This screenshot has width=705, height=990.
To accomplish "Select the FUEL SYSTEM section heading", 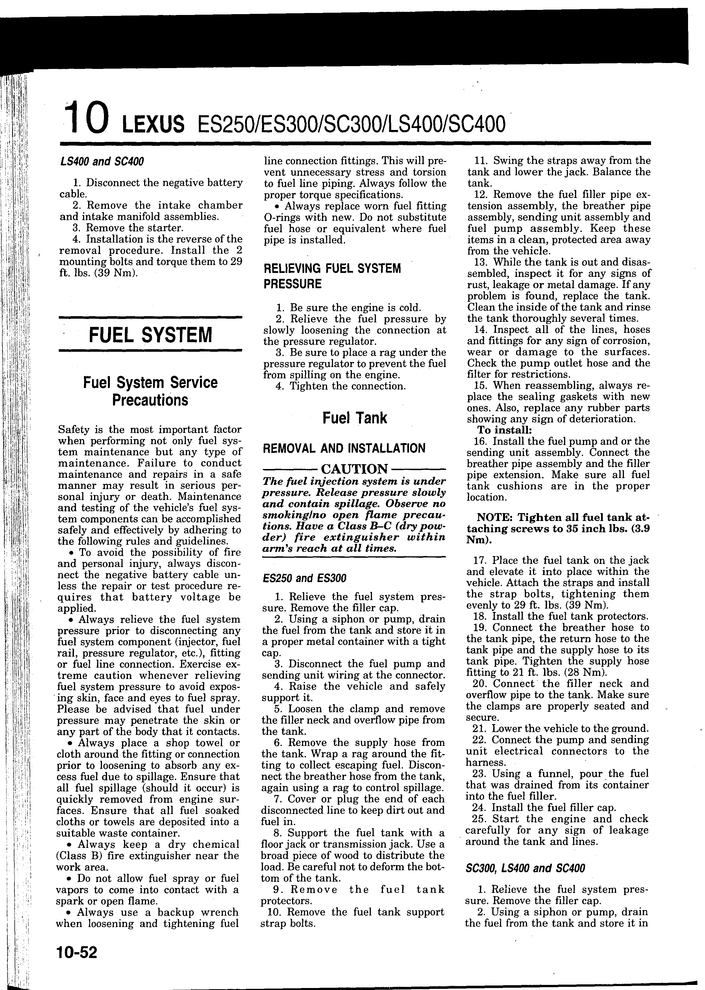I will [x=150, y=335].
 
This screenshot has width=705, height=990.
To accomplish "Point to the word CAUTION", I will [x=354, y=469].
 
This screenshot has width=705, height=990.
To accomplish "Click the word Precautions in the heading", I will [x=150, y=400].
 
